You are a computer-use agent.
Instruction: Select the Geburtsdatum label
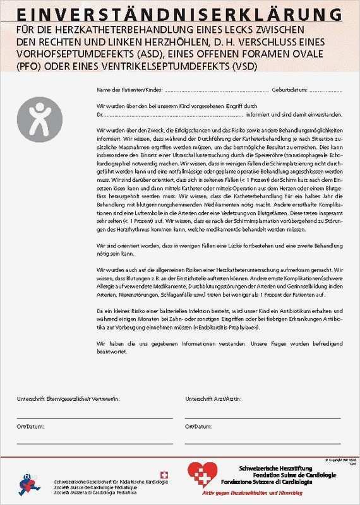290,91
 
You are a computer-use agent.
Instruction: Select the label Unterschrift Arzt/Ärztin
214,400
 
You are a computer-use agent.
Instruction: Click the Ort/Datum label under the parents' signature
30,426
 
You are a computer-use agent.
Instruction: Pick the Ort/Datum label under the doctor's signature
198,426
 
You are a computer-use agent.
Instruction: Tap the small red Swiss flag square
165,475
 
